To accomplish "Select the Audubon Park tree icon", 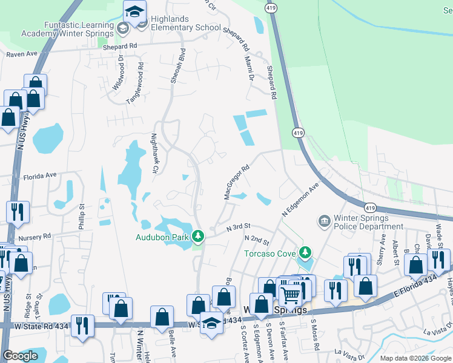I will tap(198, 235).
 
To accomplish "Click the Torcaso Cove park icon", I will tap(306, 252).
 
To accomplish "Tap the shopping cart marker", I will tap(291, 295).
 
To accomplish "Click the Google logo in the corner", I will tap(20, 356).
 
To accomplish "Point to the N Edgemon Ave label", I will tap(300, 201).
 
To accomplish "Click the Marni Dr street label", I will tap(248, 67).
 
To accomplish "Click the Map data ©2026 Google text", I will tap(415, 358).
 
